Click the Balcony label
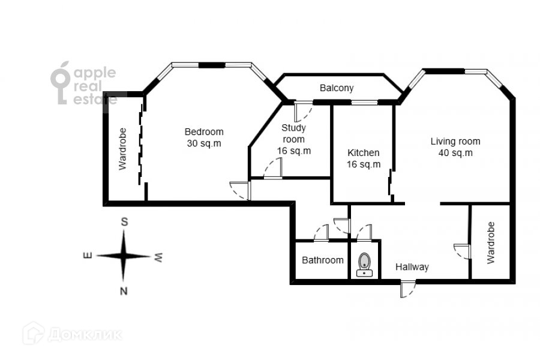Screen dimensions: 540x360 point(336,88)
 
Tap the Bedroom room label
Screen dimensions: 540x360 point(203,132)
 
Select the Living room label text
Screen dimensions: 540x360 point(455,142)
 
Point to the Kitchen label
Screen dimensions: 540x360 point(364,153)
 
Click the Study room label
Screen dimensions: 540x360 point(294,133)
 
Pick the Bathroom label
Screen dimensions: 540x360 point(323,260)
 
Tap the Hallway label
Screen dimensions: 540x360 point(412,267)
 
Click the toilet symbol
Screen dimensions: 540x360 point(364,265)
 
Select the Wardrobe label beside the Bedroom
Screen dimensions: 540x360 point(122,149)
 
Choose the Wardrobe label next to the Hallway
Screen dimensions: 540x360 point(491,243)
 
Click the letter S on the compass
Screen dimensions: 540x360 point(125,221)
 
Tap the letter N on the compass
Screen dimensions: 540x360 point(124,292)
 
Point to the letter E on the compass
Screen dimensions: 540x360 point(88,256)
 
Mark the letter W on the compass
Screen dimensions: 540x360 point(158,257)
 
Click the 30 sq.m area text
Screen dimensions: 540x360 point(204,143)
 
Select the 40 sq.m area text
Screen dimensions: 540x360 point(455,152)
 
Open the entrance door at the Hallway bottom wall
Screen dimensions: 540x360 point(406,289)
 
